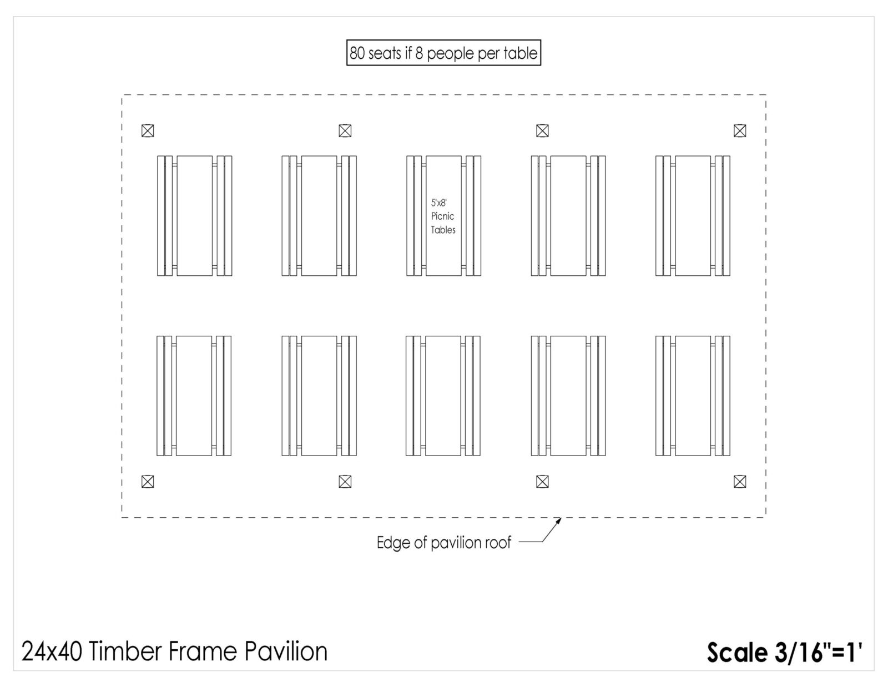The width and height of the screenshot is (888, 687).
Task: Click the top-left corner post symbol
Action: point(148,131)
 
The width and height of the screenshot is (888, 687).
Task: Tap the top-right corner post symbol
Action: point(740,131)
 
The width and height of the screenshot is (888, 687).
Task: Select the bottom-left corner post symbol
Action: point(148,482)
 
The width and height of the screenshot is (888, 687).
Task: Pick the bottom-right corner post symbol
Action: point(740,482)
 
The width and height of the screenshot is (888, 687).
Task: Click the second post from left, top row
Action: point(345,131)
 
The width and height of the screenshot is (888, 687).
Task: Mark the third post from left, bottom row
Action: point(542,482)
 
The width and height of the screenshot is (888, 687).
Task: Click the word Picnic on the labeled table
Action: point(442,216)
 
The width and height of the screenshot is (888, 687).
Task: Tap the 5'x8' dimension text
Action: point(439,203)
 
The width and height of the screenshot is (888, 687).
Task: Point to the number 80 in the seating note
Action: point(357,53)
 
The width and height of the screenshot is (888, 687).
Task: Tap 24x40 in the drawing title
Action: point(52,651)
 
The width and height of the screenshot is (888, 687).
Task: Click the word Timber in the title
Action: point(125,651)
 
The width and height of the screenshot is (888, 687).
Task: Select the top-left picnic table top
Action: point(194,216)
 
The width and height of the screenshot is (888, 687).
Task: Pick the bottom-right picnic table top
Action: point(693,396)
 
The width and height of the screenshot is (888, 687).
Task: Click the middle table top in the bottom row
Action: point(443,396)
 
